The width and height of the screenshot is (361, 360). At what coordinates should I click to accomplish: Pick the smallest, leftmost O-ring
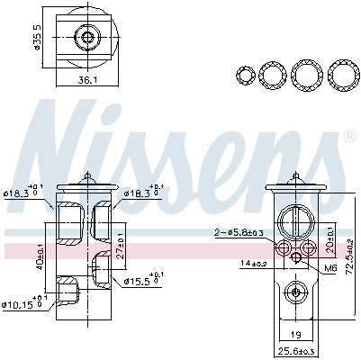pyautogui.click(x=244, y=74)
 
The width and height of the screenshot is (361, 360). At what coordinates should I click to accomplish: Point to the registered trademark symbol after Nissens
pyautogui.click(x=349, y=137)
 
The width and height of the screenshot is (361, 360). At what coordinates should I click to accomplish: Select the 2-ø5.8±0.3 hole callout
pyautogui.click(x=240, y=233)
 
